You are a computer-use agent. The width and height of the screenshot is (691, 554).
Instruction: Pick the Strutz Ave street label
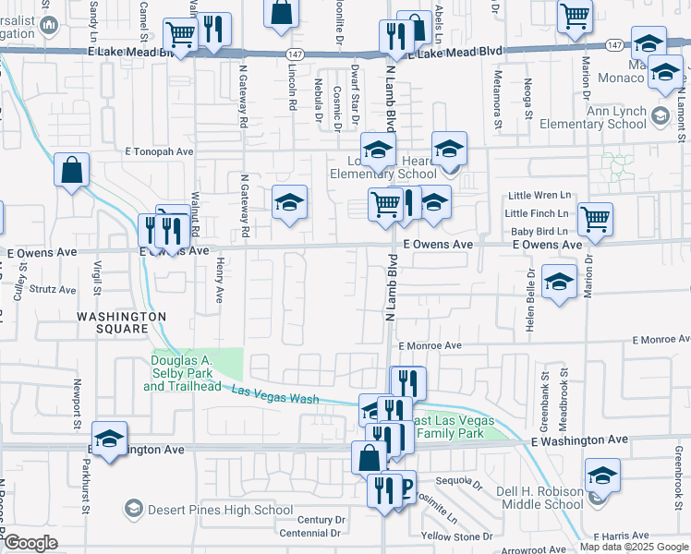53,289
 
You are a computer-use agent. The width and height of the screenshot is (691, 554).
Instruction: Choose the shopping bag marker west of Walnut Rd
71,171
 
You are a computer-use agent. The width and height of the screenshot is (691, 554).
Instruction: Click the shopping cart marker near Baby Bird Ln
595,221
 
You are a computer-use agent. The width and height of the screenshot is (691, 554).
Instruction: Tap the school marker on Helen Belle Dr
558,282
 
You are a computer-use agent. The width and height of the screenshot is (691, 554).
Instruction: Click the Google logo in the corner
31,543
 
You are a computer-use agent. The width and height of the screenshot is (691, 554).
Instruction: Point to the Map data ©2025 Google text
634,547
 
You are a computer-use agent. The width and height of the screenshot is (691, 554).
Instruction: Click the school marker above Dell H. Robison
601,476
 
